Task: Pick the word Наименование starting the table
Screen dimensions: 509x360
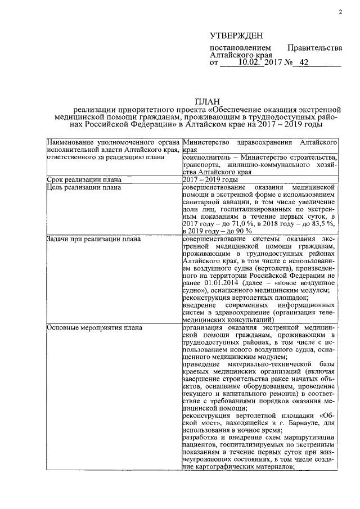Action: pyautogui.click(x=72, y=143)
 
